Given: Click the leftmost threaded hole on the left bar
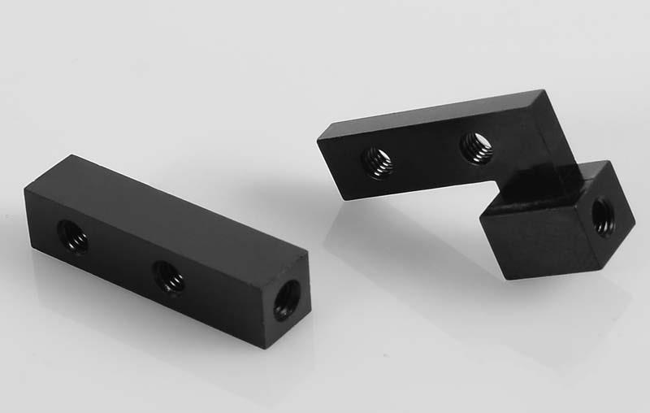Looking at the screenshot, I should [72, 237].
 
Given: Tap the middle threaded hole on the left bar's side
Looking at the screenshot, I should [169, 277].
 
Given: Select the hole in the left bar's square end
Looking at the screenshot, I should [286, 300].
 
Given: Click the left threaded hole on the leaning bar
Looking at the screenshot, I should [377, 162].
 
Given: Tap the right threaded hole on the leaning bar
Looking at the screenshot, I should [476, 147].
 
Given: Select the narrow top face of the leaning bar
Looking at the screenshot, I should [431, 111].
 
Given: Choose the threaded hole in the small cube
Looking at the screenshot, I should [604, 217].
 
